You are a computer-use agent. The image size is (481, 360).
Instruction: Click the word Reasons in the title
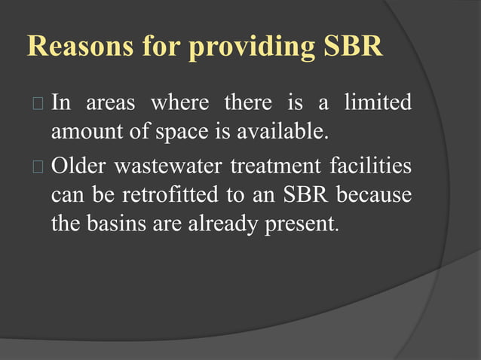(77, 47)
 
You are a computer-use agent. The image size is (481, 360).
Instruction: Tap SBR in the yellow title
(353, 47)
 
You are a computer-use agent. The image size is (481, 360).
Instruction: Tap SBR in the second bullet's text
(307, 195)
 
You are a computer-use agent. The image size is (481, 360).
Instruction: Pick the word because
(374, 195)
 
